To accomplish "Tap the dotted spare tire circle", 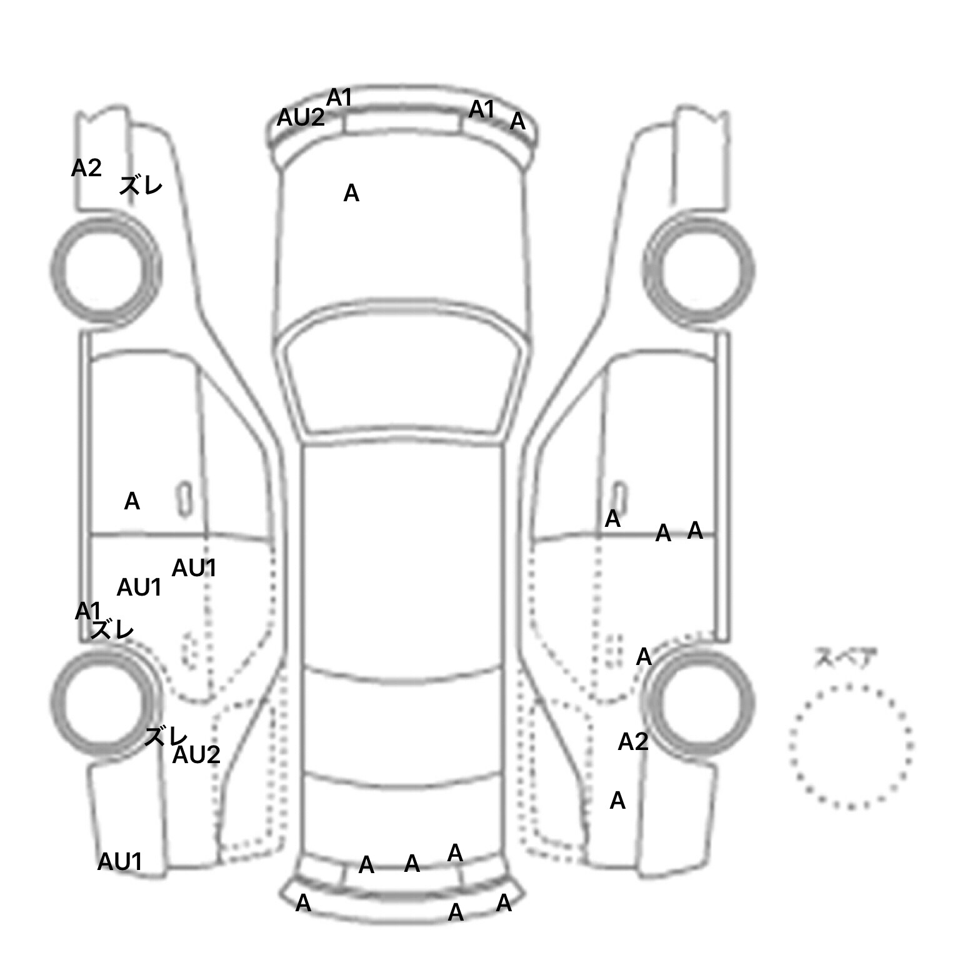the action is [851, 686].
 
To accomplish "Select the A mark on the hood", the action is [351, 194].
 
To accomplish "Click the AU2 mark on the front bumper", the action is [301, 117].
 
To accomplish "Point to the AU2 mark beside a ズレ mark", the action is [196, 755].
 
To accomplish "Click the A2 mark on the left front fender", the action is [86, 167].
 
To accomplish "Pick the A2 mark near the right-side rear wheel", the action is [633, 742].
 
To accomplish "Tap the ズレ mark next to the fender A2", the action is [141, 186].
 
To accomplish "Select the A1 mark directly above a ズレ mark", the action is [87, 611].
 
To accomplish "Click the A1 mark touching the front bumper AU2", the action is [339, 97].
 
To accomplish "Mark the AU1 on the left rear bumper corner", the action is [120, 862].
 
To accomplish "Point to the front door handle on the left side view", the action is [185, 499].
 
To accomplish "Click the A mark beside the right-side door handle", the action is [612, 519].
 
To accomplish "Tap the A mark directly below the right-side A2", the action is [617, 801].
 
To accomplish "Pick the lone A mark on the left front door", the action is [132, 501].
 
